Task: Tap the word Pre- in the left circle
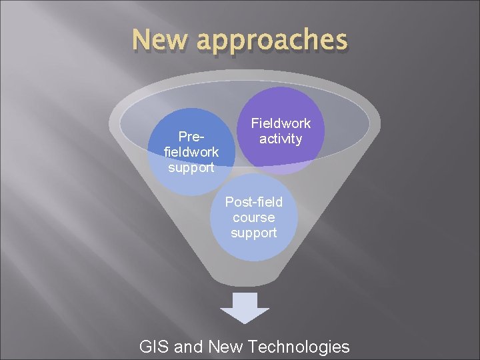pos(191,137)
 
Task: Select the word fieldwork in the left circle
pos(191,152)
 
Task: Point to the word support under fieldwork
pos(191,167)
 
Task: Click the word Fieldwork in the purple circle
pos(281,123)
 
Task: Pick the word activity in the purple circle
pos(281,139)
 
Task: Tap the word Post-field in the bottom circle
pos(254,201)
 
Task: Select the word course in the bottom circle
pos(254,217)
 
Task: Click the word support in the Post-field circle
pos(254,233)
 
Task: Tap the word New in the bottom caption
pos(225,347)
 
